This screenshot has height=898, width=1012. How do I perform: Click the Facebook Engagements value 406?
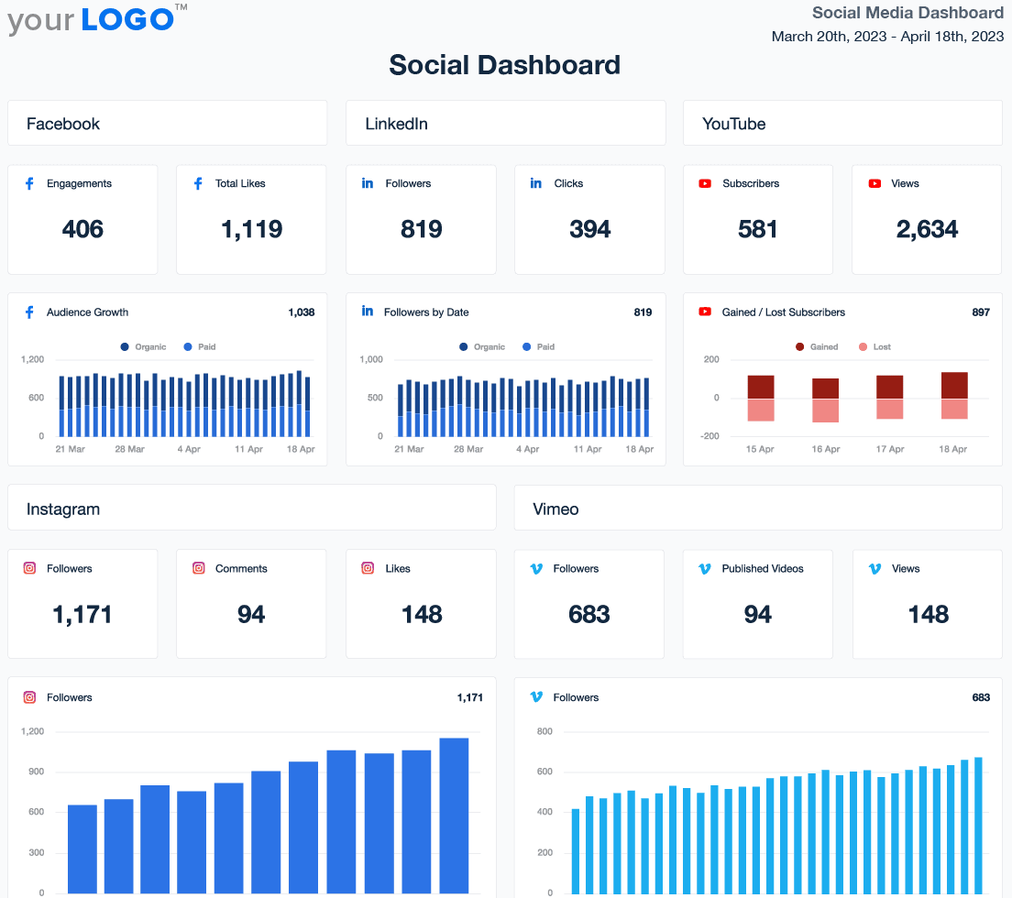coord(82,229)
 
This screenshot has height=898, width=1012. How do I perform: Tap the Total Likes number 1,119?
coord(251,229)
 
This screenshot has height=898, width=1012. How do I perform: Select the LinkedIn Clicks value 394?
coord(589,229)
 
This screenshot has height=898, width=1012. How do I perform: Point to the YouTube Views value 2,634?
coord(927,229)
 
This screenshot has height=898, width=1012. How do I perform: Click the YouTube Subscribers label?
coord(750,183)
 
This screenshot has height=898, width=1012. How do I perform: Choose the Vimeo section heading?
coord(555,509)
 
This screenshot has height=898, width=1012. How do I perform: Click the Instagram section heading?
coord(63,509)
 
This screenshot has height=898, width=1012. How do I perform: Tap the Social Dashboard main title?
coord(504,65)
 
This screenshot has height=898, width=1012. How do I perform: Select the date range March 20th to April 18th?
coord(887,37)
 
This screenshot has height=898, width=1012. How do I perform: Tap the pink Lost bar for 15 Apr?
coord(761,410)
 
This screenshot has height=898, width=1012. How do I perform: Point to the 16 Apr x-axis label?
coord(825,449)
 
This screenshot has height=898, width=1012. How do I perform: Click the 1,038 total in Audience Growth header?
coord(301,312)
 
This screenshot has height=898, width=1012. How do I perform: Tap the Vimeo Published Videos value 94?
coord(757,614)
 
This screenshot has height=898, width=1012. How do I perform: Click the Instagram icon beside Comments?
coord(199,568)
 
